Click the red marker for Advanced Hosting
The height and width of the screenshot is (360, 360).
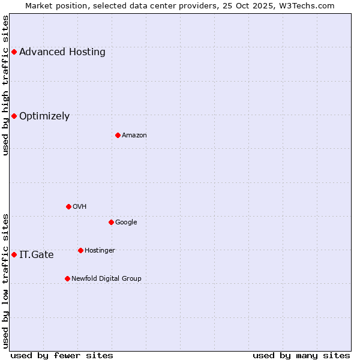point(14,52)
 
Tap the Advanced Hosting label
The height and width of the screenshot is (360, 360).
point(62,52)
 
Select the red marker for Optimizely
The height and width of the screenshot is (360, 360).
point(14,116)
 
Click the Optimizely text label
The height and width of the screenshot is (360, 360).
point(44,116)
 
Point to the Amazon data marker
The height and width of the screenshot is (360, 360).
point(118,135)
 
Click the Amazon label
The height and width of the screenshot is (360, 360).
point(134,135)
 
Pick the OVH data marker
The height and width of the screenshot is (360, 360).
point(68,206)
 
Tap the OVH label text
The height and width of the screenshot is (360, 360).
point(80,206)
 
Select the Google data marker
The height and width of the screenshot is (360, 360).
point(111,222)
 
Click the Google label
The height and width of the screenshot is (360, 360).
point(126,222)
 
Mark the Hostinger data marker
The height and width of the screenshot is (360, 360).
point(80,250)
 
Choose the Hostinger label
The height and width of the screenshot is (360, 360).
point(100,250)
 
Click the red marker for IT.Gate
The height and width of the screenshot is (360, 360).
point(14,254)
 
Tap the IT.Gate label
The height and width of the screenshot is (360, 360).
point(36,254)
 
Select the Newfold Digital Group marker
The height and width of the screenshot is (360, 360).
point(67,278)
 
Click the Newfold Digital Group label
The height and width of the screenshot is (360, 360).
point(106,278)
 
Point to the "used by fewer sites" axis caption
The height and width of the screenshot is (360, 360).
point(62,355)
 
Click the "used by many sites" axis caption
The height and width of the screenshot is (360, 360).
point(301,355)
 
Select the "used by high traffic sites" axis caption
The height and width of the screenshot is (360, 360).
point(5,85)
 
